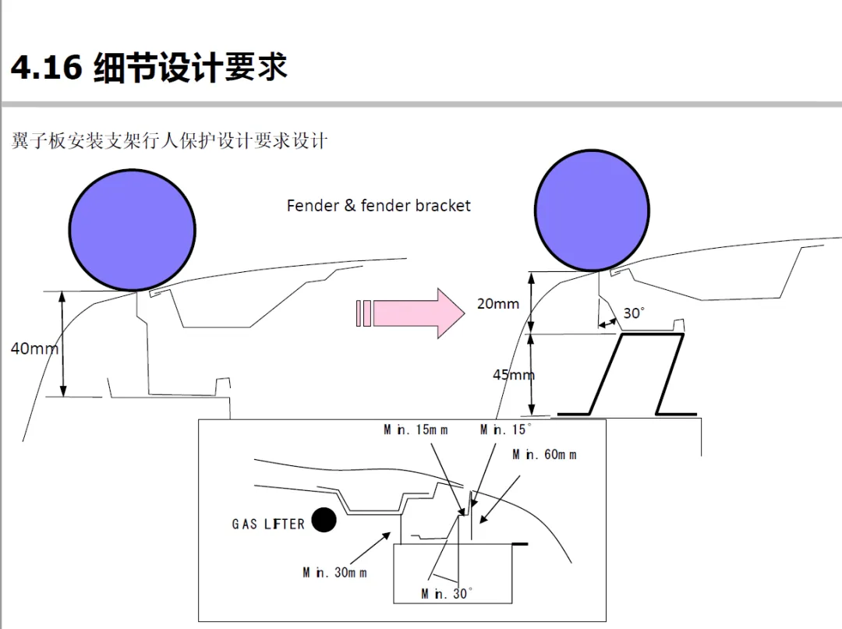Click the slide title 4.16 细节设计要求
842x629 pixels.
[149, 68]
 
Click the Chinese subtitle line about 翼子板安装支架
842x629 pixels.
[169, 141]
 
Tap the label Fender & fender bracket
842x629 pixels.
[379, 206]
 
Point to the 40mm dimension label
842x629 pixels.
[33, 348]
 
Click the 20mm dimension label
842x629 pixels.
[498, 304]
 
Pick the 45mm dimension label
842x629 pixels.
[513, 375]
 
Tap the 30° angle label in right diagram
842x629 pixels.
[634, 313]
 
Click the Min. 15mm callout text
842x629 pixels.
[416, 430]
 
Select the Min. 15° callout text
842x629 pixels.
[506, 430]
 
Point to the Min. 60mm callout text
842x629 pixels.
[544, 454]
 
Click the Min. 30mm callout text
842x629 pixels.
[334, 573]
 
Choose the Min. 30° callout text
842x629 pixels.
[447, 594]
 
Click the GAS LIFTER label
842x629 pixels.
[268, 524]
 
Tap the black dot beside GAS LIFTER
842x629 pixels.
[324, 520]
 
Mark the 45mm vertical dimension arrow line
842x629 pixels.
[532, 375]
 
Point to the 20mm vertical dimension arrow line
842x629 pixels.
[532, 302]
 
